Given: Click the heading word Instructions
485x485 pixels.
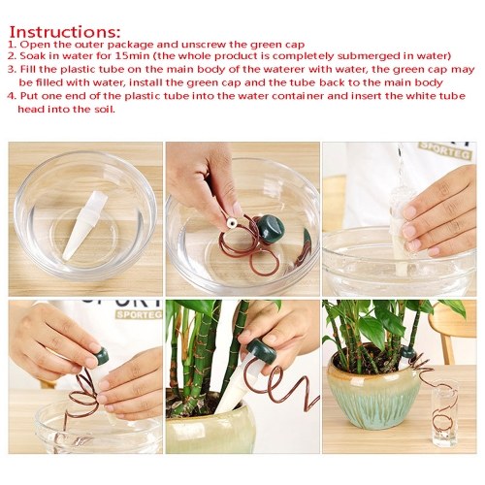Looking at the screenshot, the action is tap(65, 32).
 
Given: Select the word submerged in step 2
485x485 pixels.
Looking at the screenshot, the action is tap(368, 56).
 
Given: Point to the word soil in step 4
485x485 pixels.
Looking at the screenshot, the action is tap(106, 109).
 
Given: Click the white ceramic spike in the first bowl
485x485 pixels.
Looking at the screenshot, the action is tap(84, 225).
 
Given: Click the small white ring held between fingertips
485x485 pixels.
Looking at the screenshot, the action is tap(231, 223).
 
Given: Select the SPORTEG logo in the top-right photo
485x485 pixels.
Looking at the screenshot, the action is tap(444, 150).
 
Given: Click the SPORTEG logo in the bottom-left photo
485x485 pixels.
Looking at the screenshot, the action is tap(138, 313).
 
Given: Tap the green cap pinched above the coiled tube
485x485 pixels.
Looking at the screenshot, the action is tap(100, 355).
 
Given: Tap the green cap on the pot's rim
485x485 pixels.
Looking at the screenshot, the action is tap(408, 351).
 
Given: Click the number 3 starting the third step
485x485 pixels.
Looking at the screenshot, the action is tap(12, 69).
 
